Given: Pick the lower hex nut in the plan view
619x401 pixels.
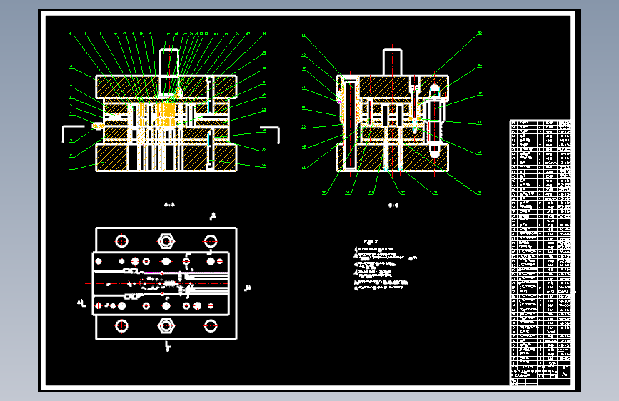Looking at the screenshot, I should (x=166, y=325).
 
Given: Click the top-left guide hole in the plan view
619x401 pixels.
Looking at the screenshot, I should (x=121, y=240).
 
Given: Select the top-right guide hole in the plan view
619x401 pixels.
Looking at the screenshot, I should (x=211, y=240).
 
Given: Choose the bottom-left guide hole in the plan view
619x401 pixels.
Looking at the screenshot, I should (x=121, y=325).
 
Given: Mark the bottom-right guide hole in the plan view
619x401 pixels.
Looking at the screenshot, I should (x=211, y=325).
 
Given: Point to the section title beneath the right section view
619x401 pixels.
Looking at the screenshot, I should (x=393, y=205).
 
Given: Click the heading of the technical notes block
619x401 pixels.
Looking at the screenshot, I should (x=370, y=241).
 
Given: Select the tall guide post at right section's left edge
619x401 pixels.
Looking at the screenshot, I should (x=350, y=125).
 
